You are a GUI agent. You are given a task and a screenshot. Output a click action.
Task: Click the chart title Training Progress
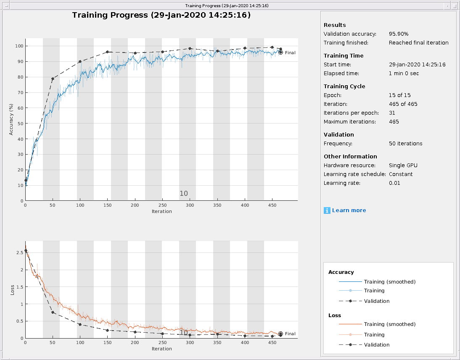(161, 15)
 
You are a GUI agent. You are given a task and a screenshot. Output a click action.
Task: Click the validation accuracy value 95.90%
(399, 34)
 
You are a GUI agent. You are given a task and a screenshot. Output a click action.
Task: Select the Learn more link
(349, 210)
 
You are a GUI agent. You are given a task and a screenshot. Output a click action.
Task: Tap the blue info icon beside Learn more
(327, 210)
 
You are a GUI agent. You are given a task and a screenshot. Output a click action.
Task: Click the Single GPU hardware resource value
(403, 166)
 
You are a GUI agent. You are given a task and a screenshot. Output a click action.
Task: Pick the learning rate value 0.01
(394, 183)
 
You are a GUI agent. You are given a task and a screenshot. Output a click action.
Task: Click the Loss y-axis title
(12, 290)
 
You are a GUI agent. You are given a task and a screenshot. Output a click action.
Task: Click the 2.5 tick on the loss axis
(19, 252)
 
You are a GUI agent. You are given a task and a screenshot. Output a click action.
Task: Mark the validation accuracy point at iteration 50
(53, 79)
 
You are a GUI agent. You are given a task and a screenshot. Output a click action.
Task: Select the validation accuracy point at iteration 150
(108, 52)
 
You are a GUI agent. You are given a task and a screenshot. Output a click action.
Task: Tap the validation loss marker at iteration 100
(80, 324)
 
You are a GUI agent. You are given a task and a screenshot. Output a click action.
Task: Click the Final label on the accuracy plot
(290, 53)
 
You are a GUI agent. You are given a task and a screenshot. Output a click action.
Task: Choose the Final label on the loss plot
(290, 334)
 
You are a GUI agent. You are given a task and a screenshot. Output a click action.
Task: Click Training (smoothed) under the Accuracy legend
(389, 282)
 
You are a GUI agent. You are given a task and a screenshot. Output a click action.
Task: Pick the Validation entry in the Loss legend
(376, 345)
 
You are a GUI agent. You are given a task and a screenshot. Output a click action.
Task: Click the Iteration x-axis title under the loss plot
(161, 349)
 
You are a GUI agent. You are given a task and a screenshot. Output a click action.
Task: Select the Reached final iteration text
(418, 43)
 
